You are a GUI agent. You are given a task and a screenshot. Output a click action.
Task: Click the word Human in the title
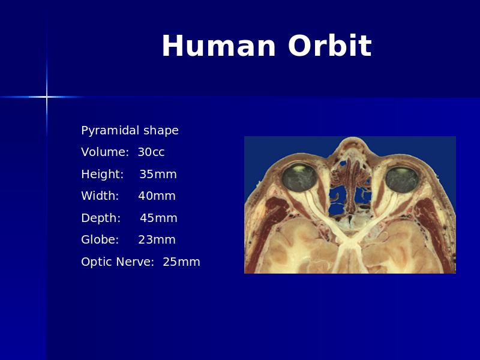[x=218, y=46]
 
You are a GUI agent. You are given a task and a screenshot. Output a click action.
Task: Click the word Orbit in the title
[x=329, y=46]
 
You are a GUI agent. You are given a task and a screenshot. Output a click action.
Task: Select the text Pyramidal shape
[x=130, y=131]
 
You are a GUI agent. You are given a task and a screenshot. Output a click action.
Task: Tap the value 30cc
[x=151, y=152]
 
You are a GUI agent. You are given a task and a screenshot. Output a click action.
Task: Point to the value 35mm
[x=158, y=174]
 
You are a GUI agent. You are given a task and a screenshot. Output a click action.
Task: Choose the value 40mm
[x=157, y=196]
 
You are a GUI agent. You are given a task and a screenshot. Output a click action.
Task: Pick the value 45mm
[x=158, y=218]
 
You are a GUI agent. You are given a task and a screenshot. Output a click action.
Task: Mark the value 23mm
[x=157, y=239]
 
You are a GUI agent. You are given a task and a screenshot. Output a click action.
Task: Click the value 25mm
[x=181, y=262]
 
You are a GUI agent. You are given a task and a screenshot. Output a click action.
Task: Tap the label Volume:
[x=105, y=152]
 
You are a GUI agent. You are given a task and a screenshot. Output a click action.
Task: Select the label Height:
[x=102, y=175]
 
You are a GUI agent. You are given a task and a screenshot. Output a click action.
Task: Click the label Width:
[x=100, y=196]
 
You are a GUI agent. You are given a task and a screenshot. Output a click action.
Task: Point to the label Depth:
[x=101, y=218]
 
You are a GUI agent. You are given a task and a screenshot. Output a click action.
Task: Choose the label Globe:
[x=100, y=239]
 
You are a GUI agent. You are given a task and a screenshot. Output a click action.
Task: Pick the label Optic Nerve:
[x=117, y=262]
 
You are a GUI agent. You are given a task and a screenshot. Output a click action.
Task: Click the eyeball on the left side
[x=299, y=178]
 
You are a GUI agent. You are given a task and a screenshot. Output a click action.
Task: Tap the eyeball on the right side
[x=401, y=180]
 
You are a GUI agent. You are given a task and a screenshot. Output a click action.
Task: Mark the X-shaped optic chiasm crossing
[x=350, y=241]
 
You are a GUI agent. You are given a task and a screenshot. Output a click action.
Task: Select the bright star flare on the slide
[x=47, y=97]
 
